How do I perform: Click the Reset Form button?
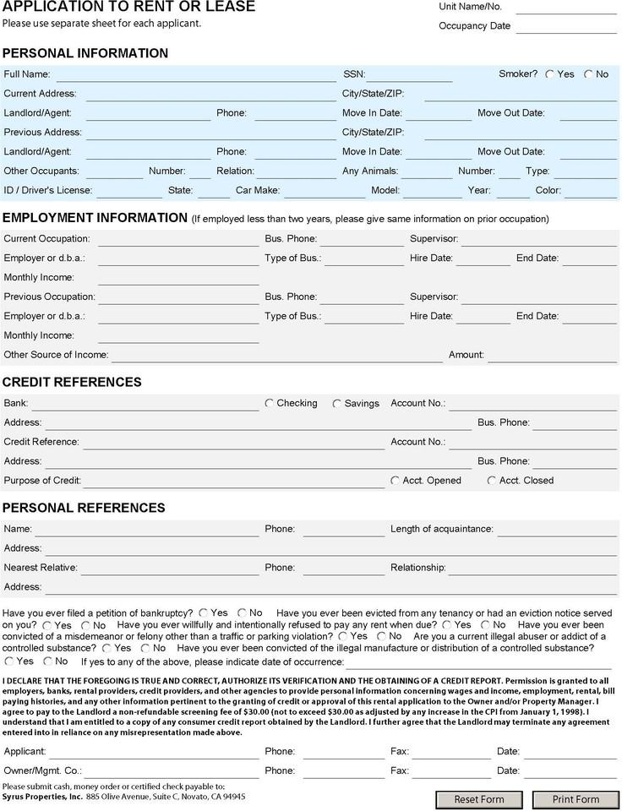(479, 799)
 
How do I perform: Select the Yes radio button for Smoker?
(550, 74)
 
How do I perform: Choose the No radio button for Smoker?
(588, 74)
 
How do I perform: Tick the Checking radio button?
(270, 404)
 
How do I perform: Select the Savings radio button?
(337, 404)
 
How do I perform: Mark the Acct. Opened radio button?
(395, 481)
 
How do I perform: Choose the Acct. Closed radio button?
(492, 481)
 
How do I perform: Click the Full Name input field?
(196, 74)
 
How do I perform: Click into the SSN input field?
(409, 74)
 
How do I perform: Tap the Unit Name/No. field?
(565, 8)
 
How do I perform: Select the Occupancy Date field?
(565, 26)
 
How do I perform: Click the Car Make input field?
(324, 191)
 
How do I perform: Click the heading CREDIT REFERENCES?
(72, 382)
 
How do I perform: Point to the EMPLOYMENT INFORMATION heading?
(95, 217)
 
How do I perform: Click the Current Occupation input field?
(177, 239)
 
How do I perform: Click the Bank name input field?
(145, 404)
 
